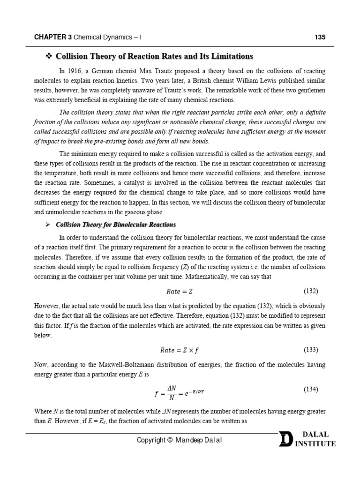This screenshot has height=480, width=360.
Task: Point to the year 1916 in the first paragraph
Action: pos(75,71)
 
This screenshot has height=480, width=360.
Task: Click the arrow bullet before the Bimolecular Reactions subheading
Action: pos(47,225)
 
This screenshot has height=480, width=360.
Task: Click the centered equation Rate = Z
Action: pos(180,291)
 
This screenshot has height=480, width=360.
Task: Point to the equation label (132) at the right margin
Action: pos(311,291)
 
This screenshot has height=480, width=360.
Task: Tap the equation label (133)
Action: pos(311,350)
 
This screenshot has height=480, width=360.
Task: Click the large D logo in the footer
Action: pos(285,440)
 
